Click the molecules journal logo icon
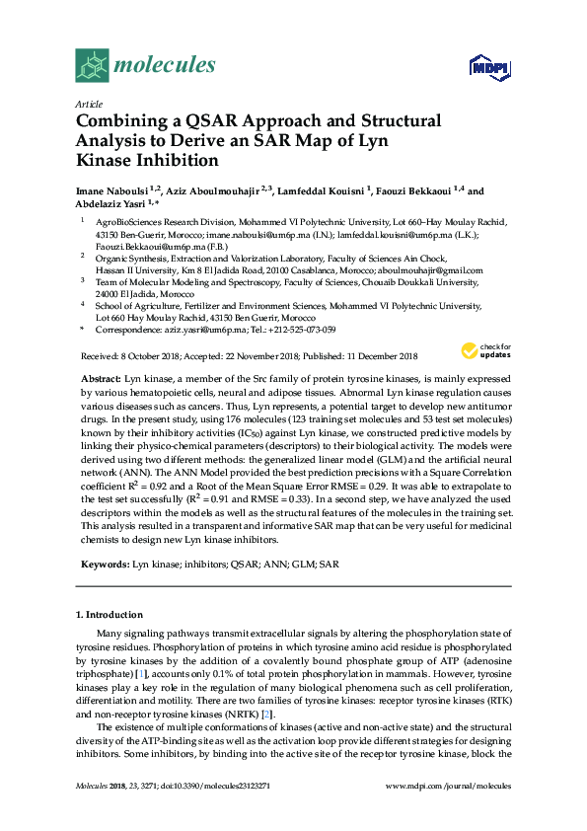pyautogui.click(x=93, y=65)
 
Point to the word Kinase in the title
pyautogui.click(x=107, y=161)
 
